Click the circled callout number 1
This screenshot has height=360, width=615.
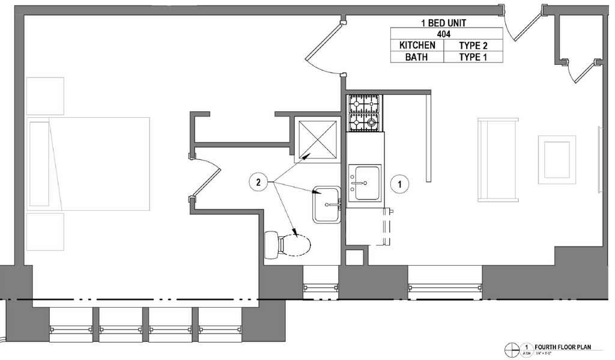pos(399,183)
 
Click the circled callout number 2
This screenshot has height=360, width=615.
pos(258,182)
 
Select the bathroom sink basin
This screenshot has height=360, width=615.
pos(326,204)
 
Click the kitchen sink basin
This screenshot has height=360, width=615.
pos(366,182)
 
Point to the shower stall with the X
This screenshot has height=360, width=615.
pos(317,139)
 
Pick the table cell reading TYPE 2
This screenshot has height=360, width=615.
pos(473,45)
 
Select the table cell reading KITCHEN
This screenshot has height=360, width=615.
pos(417,45)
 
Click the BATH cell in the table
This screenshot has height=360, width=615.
pos(417,57)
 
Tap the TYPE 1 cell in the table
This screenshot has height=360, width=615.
pos(473,57)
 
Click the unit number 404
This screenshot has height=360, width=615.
pos(444,34)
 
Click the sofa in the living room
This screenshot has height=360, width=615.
pos(498,159)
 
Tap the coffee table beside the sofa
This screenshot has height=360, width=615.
pos(557,157)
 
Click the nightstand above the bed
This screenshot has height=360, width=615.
pos(45,96)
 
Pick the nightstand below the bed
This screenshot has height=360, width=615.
pos(45,231)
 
